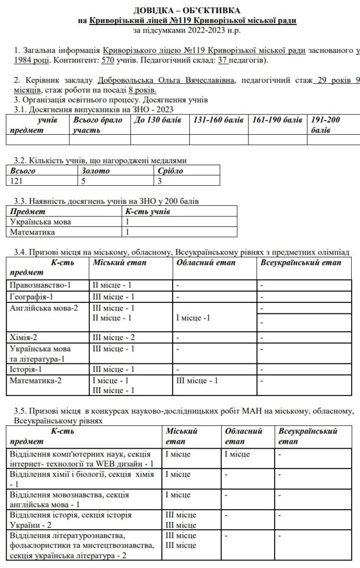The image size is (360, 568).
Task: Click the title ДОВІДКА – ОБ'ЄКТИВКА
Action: tap(187, 11)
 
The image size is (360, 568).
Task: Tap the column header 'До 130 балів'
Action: tap(158, 120)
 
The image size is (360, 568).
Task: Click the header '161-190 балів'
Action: tap(277, 120)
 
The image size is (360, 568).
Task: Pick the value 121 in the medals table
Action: tap(18, 180)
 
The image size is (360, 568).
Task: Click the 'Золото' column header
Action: tap(95, 171)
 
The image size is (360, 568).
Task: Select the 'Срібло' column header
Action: tap(170, 171)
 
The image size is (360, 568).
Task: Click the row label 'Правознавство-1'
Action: tap(41, 285)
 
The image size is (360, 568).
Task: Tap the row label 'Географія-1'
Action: tap(34, 296)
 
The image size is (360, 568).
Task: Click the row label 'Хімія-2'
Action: tap(24, 337)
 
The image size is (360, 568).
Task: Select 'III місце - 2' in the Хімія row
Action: tap(114, 337)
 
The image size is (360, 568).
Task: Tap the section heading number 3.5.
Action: tap(21, 410)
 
